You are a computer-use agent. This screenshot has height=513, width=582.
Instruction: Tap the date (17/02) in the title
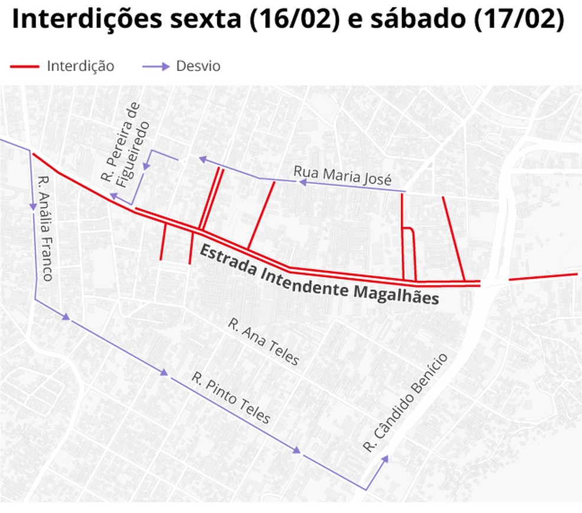tap(518, 20)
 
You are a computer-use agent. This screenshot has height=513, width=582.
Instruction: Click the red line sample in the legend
tap(24, 66)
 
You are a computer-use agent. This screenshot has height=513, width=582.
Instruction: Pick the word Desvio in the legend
tap(198, 66)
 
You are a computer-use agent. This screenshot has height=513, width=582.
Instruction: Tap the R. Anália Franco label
tap(45, 228)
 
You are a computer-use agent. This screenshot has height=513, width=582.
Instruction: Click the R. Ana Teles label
tap(264, 343)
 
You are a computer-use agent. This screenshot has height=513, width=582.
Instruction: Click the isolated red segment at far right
tap(542, 276)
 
